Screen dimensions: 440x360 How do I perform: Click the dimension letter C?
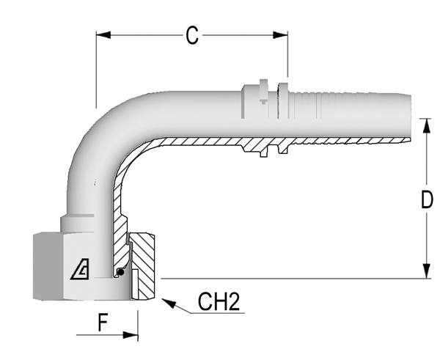click(192, 35)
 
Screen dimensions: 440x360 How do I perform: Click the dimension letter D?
click(427, 199)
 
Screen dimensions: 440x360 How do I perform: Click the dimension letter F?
click(103, 323)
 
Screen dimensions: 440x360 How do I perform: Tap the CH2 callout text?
click(219, 301)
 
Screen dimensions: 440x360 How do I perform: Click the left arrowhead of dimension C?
click(103, 35)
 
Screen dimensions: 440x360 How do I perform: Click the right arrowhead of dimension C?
click(280, 35)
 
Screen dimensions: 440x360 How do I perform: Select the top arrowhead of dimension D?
click(427, 125)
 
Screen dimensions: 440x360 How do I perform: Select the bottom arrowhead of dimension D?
click(427, 271)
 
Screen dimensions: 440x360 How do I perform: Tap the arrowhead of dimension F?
click(131, 335)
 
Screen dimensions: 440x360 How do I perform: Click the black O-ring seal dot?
click(120, 272)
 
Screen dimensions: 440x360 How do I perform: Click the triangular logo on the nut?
click(80, 269)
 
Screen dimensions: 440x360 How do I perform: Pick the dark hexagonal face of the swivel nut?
click(48, 266)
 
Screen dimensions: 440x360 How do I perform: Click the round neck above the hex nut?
click(77, 224)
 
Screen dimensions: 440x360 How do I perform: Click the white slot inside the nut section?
click(135, 284)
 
